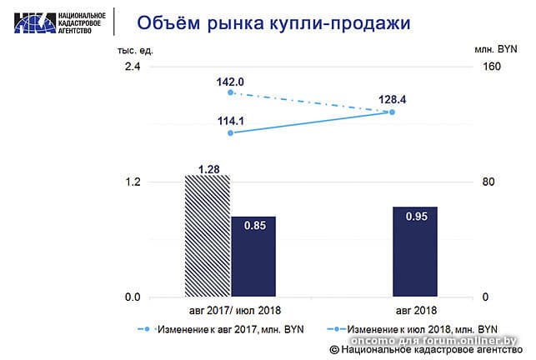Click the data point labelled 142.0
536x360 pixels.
[230, 93]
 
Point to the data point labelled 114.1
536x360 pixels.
[230, 132]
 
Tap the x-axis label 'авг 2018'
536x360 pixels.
[415, 311]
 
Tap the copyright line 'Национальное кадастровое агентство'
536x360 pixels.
[426, 351]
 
